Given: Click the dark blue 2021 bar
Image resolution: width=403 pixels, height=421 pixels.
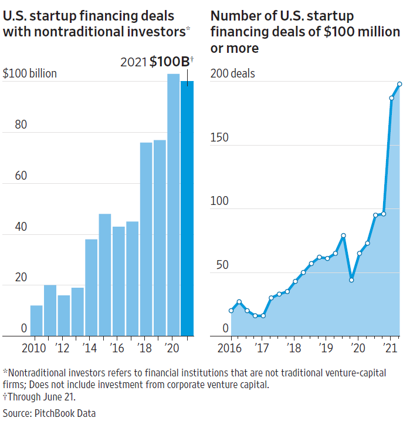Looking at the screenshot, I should pos(187,208).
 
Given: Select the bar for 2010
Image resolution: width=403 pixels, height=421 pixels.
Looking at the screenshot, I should pos(36,321).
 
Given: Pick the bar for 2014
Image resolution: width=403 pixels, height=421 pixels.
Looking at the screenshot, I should pos(91,287).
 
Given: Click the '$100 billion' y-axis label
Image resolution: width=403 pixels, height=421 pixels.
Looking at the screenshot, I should pos(30,74).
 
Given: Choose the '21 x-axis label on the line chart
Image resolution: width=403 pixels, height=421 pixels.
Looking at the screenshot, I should pos(389,346).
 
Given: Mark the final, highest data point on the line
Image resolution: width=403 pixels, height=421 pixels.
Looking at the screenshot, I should pos(399,83).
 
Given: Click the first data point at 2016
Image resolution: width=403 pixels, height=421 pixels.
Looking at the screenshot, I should pos(231,311).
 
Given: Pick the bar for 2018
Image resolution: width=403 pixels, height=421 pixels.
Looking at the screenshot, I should pos(146,239).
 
